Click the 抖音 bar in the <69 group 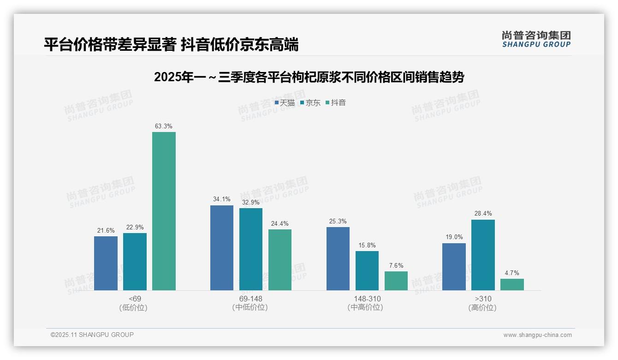[x=164, y=211]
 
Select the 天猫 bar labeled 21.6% [x=106, y=263]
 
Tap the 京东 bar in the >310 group [x=483, y=255]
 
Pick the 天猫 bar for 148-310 [x=338, y=258]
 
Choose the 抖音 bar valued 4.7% [x=512, y=284]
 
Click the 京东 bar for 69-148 [x=250, y=249]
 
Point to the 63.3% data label [x=164, y=126]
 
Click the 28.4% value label [x=483, y=214]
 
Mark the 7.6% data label [x=396, y=265]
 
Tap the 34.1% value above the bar [x=221, y=199]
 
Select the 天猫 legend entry [x=285, y=103]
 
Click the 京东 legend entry [x=310, y=103]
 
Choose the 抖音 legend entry [x=336, y=103]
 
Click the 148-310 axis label [x=367, y=299]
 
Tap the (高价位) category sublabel [x=483, y=308]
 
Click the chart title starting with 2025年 [x=309, y=78]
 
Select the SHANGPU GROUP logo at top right [x=536, y=39]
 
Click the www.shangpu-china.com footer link [x=537, y=335]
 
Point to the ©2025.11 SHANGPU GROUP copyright [x=92, y=335]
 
